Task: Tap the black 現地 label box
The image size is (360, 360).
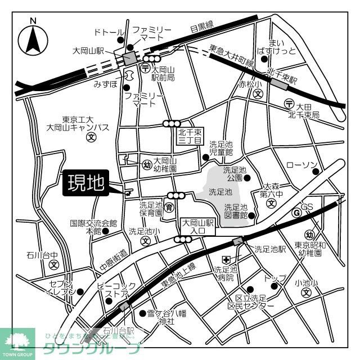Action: pos(85,183)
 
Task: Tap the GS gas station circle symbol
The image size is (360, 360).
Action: pos(296,213)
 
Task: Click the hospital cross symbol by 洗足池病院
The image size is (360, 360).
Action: pos(224,259)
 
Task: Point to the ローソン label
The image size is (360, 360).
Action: pos(302,165)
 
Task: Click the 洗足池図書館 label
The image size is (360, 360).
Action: pos(236,211)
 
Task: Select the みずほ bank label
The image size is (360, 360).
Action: pos(105,84)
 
